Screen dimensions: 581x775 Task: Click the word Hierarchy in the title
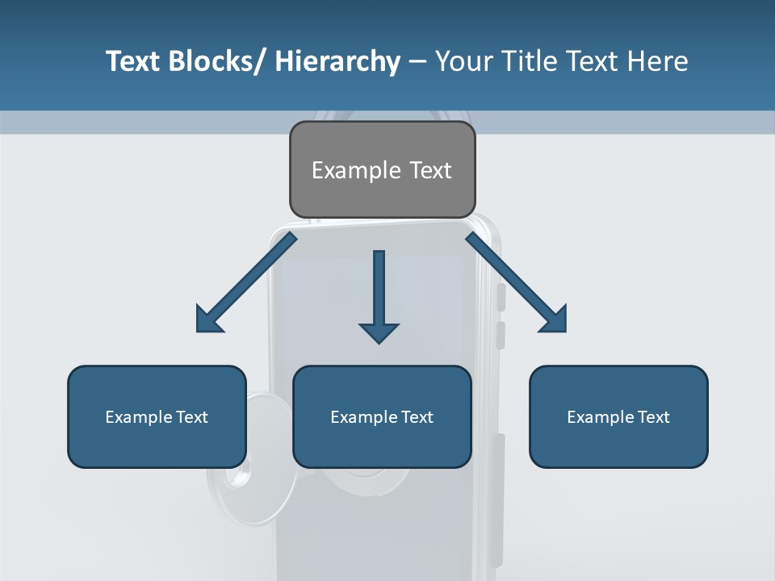(x=337, y=61)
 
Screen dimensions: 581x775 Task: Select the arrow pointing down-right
(x=517, y=282)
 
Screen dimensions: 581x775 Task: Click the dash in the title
(x=417, y=61)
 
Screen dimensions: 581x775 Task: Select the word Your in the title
(x=463, y=61)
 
